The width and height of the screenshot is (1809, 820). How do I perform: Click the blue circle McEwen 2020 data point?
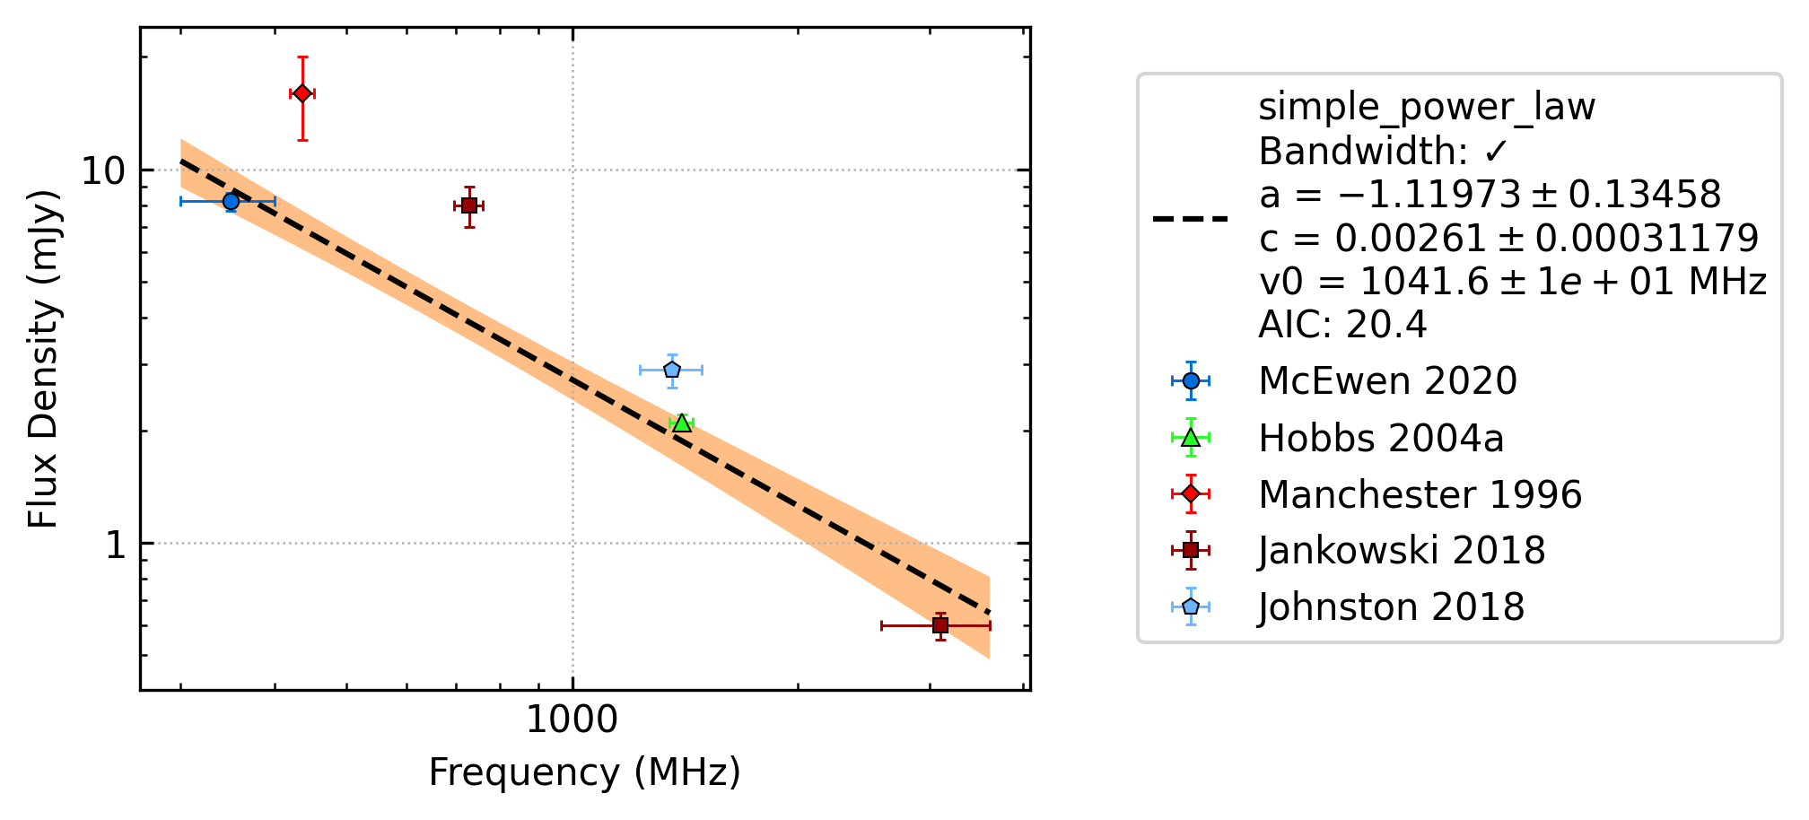pyautogui.click(x=231, y=201)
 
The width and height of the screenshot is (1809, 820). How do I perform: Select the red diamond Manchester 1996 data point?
pyautogui.click(x=302, y=93)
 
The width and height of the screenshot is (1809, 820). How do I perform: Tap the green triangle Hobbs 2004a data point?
pyautogui.click(x=682, y=422)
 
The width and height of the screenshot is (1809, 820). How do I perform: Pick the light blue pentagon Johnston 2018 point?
pyautogui.click(x=672, y=370)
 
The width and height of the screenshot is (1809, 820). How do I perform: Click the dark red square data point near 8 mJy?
pyautogui.click(x=468, y=205)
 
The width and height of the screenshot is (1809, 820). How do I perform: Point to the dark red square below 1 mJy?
pyautogui.click(x=940, y=625)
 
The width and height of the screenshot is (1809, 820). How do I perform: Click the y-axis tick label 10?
pyautogui.click(x=105, y=170)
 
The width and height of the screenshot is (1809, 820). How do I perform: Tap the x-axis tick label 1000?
pyautogui.click(x=572, y=720)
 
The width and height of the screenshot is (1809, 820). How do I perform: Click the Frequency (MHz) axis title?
pyautogui.click(x=585, y=772)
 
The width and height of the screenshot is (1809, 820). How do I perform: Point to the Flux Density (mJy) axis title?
pyautogui.click(x=43, y=359)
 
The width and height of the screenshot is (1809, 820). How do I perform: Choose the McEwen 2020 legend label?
pyautogui.click(x=1387, y=381)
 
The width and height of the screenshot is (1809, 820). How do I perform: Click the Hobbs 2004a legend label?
pyautogui.click(x=1381, y=439)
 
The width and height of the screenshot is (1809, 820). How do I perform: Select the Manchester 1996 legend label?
pyautogui.click(x=1420, y=495)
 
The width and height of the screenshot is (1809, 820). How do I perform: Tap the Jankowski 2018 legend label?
pyautogui.click(x=1403, y=551)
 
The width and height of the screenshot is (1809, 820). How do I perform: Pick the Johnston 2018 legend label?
pyautogui.click(x=1392, y=607)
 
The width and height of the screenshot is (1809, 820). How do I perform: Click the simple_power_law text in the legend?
pyautogui.click(x=1427, y=108)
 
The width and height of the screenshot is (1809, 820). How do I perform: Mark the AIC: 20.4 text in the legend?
pyautogui.click(x=1342, y=325)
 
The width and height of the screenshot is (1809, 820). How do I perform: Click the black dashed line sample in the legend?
pyautogui.click(x=1191, y=218)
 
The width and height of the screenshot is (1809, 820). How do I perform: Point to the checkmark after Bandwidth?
pyautogui.click(x=1495, y=152)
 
